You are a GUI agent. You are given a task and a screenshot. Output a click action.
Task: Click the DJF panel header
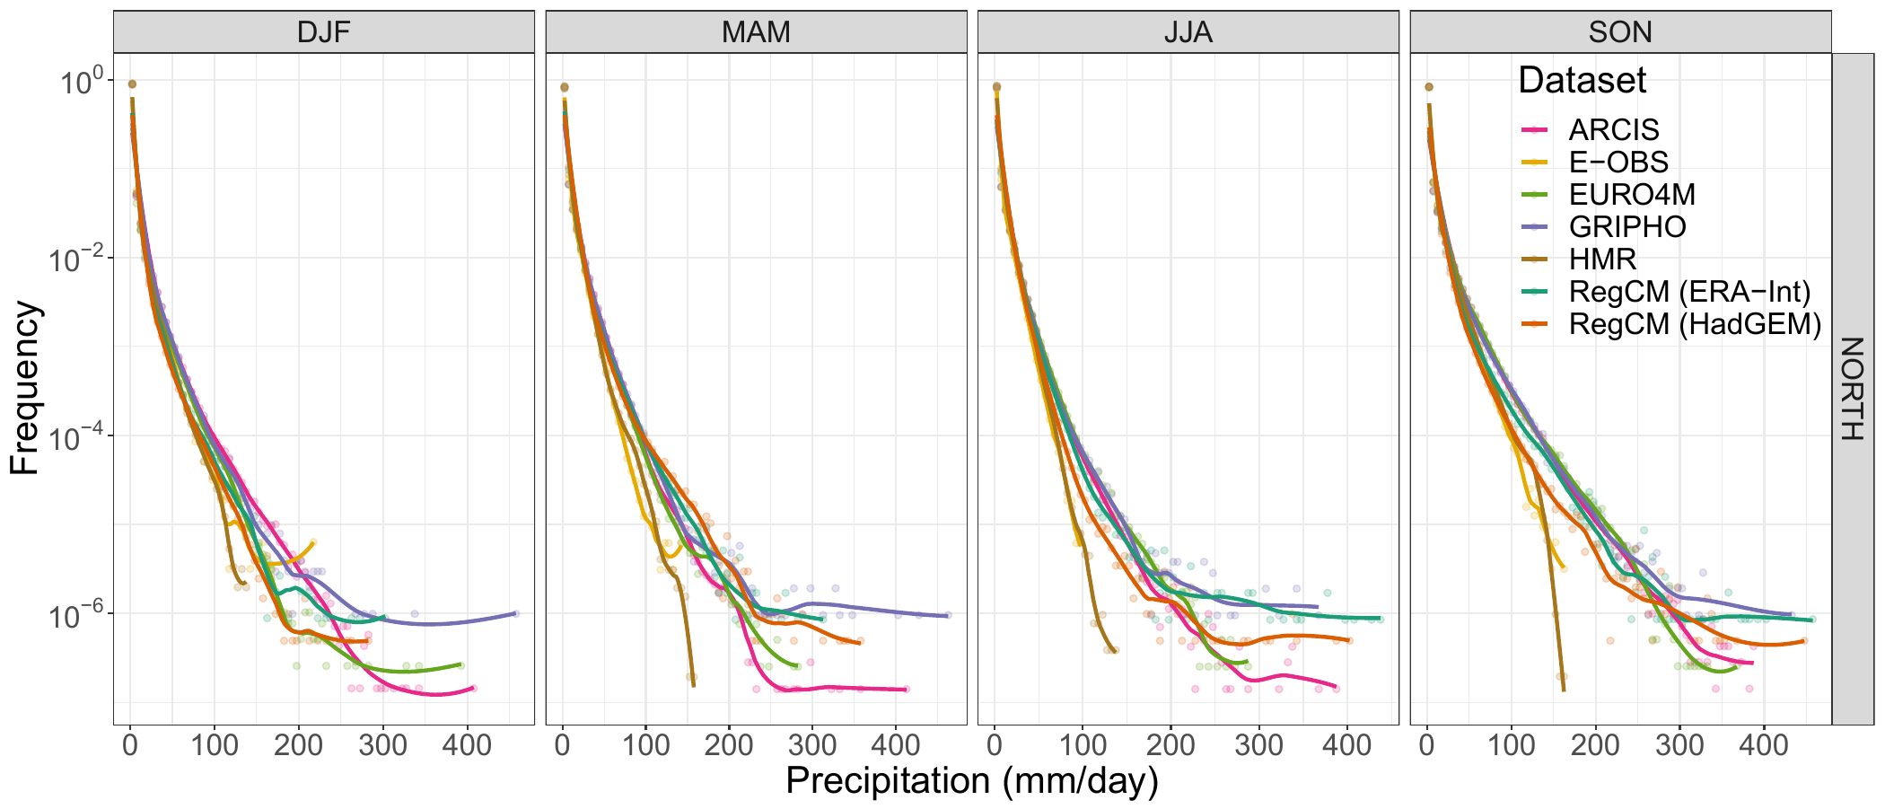323,32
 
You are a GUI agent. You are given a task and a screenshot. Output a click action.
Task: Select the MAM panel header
756,32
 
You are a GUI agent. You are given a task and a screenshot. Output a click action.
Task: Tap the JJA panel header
1188,32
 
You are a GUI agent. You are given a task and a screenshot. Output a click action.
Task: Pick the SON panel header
1619,32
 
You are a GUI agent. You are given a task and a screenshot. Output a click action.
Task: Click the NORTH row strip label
1853,388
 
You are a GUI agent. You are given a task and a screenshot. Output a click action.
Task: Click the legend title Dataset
1582,81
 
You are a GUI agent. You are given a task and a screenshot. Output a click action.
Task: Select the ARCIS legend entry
1613,130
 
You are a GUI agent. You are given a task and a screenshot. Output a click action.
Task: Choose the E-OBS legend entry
1618,163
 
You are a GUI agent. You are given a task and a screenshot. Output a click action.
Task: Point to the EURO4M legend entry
1631,195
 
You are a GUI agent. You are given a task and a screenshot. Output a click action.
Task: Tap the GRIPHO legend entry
1626,227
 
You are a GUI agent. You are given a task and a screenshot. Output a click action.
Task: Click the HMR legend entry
1602,259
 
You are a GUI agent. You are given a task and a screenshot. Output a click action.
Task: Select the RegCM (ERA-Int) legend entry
1688,292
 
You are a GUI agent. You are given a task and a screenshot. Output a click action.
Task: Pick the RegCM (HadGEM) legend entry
1694,324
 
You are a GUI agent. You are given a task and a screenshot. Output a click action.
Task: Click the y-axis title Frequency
25,388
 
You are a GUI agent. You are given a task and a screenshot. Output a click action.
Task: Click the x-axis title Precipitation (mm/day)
971,781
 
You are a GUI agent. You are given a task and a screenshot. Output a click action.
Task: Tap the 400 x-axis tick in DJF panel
468,744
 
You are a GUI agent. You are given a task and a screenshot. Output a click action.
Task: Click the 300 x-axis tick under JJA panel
1258,744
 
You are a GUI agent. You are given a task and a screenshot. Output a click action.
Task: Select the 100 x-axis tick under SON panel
1511,744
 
